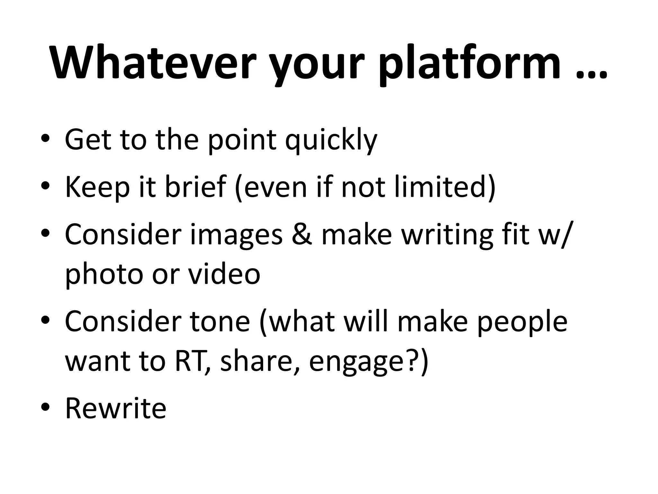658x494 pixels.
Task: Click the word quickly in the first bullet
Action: tap(331, 140)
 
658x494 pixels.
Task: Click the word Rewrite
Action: tap(116, 408)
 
